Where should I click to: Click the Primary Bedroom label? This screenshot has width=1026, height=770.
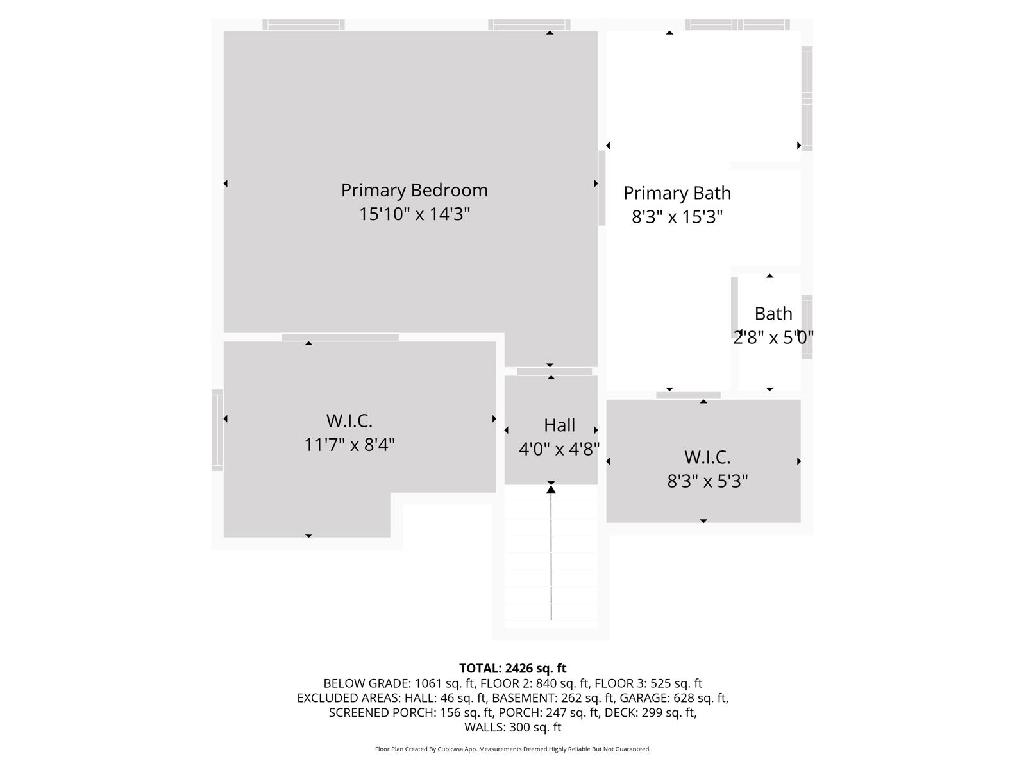pos(414,191)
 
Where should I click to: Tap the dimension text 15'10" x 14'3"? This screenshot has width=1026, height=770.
pos(414,214)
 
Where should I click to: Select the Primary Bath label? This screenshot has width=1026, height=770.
pos(677,193)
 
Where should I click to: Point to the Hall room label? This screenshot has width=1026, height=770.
pos(559,425)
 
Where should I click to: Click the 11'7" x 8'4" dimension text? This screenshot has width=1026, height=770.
pos(349,445)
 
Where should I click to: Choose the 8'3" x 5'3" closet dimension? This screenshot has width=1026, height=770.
pos(707,481)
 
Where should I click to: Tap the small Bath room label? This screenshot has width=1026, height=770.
pos(773,314)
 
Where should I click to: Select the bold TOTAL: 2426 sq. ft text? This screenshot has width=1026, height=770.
pos(512,669)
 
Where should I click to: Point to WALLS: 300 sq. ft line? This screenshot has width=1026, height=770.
pos(512,728)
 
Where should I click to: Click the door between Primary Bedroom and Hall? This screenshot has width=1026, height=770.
pos(554,372)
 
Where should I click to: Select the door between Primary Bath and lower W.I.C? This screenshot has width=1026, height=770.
pos(688,395)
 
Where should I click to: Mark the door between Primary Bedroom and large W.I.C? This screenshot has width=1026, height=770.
pos(341,338)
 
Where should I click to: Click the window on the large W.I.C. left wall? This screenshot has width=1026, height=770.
pos(217,430)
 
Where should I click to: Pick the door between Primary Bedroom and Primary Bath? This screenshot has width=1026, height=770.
pos(602,188)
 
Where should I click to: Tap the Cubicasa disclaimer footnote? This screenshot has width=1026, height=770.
pos(512,749)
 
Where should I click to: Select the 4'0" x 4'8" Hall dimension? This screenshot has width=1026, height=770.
pos(559,449)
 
